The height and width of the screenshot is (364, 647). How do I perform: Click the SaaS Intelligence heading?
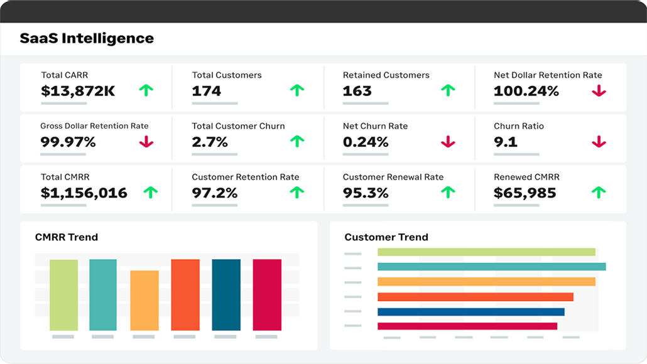87,38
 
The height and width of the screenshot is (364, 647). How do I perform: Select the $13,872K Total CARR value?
78,91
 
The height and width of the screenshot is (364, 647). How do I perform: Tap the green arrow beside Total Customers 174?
296,90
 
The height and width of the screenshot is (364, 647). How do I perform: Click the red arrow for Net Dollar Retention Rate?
599,90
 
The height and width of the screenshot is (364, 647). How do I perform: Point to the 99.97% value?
68,142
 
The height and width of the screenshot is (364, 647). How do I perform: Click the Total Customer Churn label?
238,126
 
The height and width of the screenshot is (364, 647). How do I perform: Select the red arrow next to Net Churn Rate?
448,142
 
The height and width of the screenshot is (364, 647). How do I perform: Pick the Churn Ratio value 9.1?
506,142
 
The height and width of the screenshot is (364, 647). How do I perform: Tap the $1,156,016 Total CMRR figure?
84,193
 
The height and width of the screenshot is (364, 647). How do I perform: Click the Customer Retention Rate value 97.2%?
214,193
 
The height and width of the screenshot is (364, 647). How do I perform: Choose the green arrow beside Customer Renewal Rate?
448,192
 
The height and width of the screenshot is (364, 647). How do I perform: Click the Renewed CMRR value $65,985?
525,193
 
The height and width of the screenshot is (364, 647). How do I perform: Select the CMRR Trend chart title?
67,237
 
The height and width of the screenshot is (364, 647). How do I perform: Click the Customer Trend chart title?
386,237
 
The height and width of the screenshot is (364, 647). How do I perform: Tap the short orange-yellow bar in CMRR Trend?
144,300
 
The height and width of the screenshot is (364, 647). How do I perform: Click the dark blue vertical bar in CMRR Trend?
226,294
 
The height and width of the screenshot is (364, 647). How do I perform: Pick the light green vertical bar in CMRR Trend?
63,294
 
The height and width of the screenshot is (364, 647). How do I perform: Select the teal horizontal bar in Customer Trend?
491,267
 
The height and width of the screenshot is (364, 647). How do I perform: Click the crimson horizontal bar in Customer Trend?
467,326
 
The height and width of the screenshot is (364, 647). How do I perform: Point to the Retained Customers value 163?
357,91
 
